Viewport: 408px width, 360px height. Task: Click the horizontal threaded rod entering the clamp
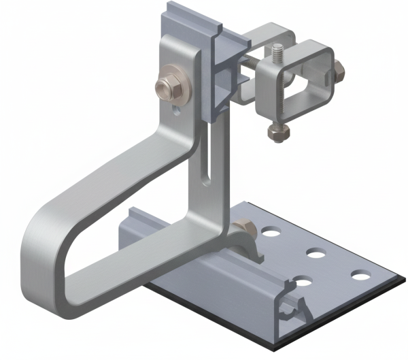(x=251, y=66)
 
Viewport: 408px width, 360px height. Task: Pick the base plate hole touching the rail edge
(x=302, y=281)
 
